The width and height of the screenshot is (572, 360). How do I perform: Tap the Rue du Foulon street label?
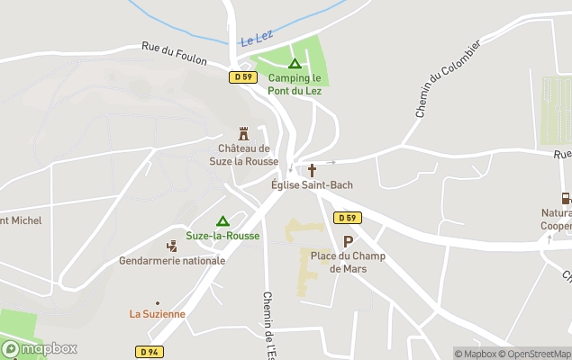[x=174, y=53]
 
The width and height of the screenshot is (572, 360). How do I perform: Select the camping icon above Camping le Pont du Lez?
[x=295, y=64]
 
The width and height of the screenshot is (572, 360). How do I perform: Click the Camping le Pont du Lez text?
[x=295, y=84]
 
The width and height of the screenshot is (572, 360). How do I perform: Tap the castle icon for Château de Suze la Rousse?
[x=243, y=133]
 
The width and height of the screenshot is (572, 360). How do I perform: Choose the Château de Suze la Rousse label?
[x=243, y=155]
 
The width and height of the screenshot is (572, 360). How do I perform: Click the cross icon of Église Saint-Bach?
[x=313, y=170]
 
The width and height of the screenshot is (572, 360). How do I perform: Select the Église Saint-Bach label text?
[x=313, y=184]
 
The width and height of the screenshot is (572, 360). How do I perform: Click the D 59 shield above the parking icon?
[x=347, y=218]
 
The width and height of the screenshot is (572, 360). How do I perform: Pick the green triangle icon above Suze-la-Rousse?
[x=222, y=220]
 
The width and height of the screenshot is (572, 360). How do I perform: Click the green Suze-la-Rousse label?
[x=222, y=236]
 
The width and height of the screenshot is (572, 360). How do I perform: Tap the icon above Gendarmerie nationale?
[x=172, y=245]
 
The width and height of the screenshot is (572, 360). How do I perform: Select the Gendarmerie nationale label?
[x=172, y=260]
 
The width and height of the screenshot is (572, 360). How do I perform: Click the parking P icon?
[x=348, y=241]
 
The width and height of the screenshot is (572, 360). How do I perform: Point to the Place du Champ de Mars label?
[x=348, y=262]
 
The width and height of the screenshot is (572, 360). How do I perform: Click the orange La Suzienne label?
[x=158, y=314]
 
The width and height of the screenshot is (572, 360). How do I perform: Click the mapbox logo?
[x=40, y=348]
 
